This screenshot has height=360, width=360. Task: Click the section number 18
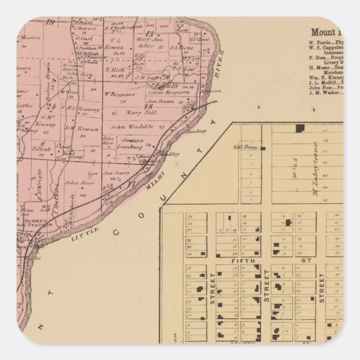149,106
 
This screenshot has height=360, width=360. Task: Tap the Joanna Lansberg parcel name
130,144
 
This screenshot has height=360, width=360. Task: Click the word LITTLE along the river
82,237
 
